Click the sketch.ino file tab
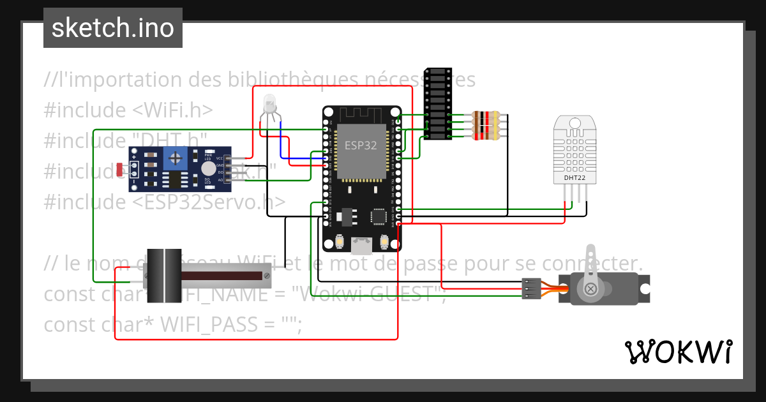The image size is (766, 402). pyautogui.click(x=113, y=28)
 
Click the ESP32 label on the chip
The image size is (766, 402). pyautogui.click(x=361, y=145)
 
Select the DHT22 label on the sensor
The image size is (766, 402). pyautogui.click(x=574, y=178)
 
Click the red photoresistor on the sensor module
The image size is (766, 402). pyautogui.click(x=121, y=168)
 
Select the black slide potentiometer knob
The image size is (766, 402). pyautogui.click(x=165, y=275)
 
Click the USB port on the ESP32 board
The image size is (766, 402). pyautogui.click(x=362, y=243)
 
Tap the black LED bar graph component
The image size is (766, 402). pyautogui.click(x=437, y=103)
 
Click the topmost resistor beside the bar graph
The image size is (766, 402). pyautogui.click(x=485, y=115)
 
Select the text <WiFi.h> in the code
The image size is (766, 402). pyautogui.click(x=173, y=110)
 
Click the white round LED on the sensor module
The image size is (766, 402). pyautogui.click(x=208, y=168)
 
